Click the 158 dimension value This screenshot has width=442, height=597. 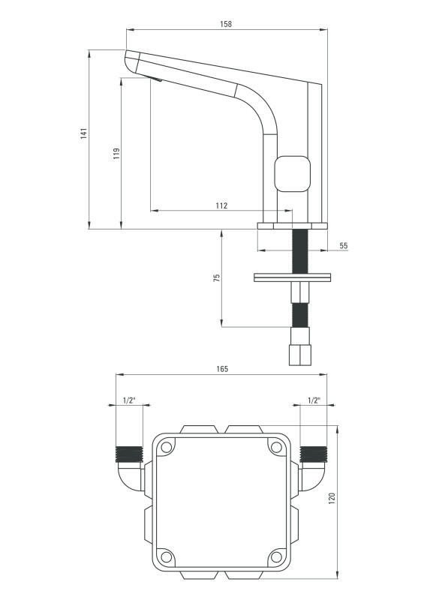click(x=226, y=24)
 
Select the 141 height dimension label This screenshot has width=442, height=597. click(x=84, y=133)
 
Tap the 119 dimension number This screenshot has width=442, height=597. click(x=116, y=154)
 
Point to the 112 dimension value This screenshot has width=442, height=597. click(x=221, y=205)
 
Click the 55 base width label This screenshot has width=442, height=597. click(x=344, y=245)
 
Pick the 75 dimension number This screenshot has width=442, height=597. click(x=217, y=277)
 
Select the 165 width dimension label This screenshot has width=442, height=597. click(x=222, y=369)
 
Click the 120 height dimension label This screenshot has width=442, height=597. click(x=332, y=499)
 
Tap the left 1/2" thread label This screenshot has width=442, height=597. click(x=129, y=400)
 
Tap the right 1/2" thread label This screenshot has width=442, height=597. click(x=314, y=400)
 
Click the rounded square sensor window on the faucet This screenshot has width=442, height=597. click(x=293, y=173)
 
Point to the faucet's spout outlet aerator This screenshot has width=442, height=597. click(x=155, y=79)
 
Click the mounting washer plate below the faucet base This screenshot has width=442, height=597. click(x=292, y=277)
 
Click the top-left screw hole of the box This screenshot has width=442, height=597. click(x=166, y=447)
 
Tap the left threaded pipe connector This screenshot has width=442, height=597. click(x=129, y=454)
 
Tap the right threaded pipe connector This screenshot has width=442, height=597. click(x=313, y=454)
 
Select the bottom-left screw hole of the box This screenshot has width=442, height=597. click(x=166, y=556)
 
